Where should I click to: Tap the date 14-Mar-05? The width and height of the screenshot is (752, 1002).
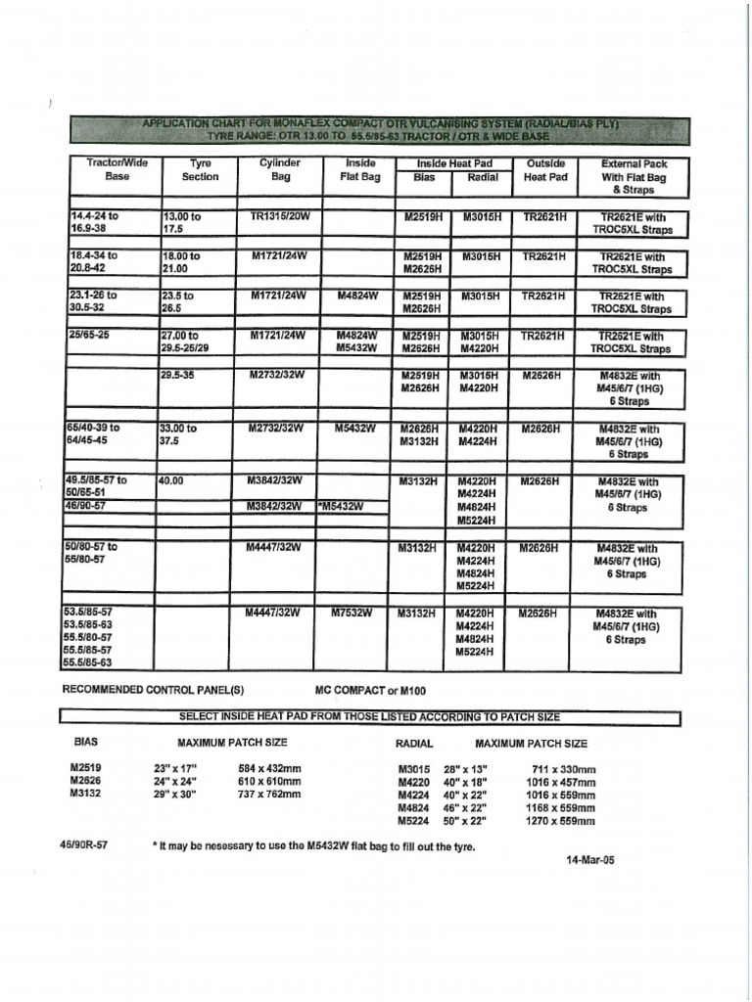click(x=590, y=860)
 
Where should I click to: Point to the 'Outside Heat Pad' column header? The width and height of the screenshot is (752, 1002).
click(x=545, y=170)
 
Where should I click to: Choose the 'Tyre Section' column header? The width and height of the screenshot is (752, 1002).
click(x=200, y=170)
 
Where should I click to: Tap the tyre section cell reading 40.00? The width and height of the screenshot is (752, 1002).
click(x=172, y=481)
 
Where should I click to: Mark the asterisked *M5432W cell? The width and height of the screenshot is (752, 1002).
click(x=341, y=506)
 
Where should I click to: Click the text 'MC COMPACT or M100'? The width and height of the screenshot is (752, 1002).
click(x=371, y=690)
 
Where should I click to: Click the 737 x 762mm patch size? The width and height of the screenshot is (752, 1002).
click(x=269, y=795)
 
